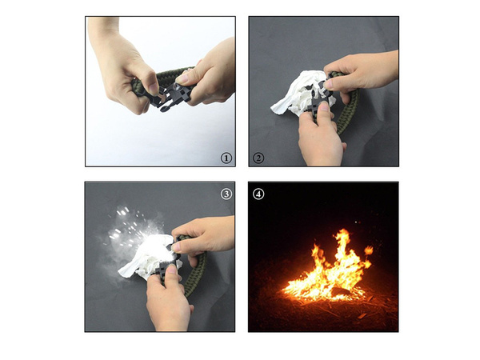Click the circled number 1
(226, 158)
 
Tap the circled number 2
(258, 158)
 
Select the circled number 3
(226, 193)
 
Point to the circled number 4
(258, 193)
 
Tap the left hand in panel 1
(120, 68)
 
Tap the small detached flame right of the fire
(368, 251)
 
